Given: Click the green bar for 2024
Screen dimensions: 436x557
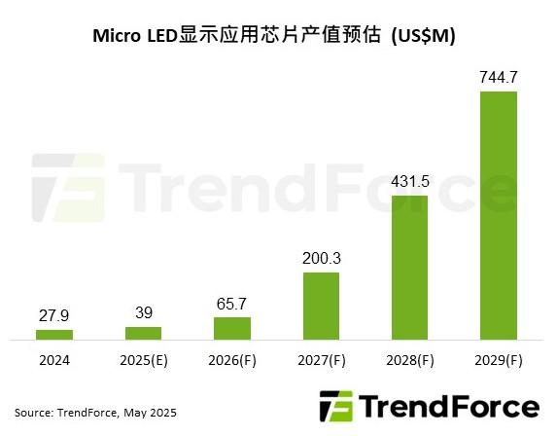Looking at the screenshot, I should click(x=54, y=335).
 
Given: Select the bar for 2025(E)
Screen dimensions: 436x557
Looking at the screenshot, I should click(x=143, y=333).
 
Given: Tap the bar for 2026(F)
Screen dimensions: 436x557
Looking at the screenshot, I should click(x=232, y=328).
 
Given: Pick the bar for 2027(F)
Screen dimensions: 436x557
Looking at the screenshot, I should click(x=321, y=306).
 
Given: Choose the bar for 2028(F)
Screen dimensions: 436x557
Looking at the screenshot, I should click(x=410, y=268).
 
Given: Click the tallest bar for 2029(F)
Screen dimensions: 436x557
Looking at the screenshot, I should click(x=499, y=215).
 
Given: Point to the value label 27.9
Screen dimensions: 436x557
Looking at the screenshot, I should click(x=54, y=315).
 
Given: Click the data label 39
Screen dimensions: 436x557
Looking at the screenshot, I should click(x=143, y=312).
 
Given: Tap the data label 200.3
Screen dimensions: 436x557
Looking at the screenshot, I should click(x=321, y=258).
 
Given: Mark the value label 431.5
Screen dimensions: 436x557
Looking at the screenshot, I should click(x=410, y=181).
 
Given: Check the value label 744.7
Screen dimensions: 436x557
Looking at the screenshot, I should click(x=499, y=77).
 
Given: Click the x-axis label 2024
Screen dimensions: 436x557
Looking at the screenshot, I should click(x=54, y=361).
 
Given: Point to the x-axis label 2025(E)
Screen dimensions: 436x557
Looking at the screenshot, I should click(x=143, y=361).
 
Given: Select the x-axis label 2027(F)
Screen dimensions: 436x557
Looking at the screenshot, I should click(x=321, y=361).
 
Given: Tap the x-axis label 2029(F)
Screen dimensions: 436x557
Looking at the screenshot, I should click(x=499, y=361).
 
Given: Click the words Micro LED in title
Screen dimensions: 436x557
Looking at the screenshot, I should click(x=135, y=36).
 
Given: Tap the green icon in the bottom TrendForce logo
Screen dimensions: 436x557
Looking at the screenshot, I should click(x=334, y=406).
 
